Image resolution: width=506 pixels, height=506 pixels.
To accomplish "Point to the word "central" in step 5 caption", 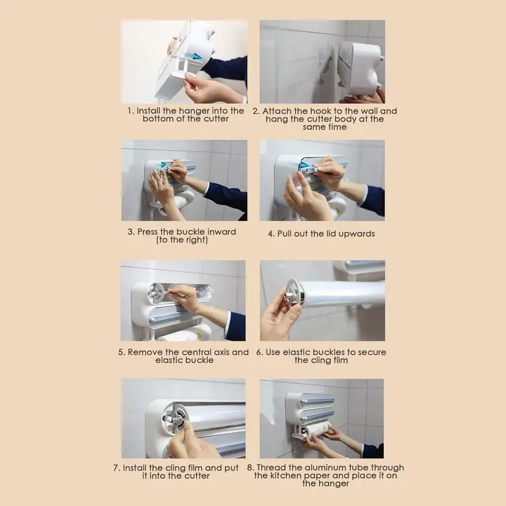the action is click(199, 352).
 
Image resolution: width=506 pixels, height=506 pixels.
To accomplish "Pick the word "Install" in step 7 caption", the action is click(135, 468).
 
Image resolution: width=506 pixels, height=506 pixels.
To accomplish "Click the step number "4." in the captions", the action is click(271, 233).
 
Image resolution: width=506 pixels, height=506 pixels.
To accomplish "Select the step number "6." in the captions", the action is click(260, 352).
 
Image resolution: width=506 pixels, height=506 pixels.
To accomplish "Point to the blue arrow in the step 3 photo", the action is click(164, 165).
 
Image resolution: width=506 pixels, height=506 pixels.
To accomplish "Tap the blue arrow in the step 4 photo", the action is click(304, 166).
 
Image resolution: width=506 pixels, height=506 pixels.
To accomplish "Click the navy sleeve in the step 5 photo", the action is click(236, 326).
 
